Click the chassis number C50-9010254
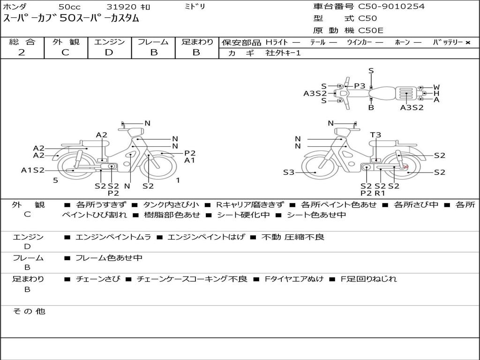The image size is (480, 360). (391, 6)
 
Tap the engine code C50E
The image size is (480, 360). (370, 30)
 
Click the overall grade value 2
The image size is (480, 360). (22, 52)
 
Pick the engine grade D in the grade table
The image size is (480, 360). (109, 52)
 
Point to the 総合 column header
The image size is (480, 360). (22, 42)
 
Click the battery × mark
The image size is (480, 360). (468, 43)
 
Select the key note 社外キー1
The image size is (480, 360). (283, 53)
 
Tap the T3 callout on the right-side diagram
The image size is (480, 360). (375, 135)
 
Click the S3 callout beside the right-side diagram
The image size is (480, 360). (289, 172)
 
